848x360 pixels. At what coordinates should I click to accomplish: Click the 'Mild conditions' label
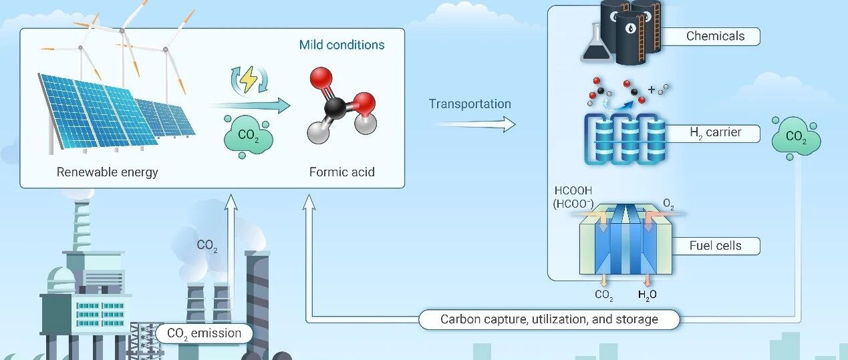coord(341,45)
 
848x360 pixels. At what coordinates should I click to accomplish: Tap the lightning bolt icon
coord(249,79)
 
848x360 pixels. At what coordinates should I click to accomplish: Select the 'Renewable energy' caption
coord(107,172)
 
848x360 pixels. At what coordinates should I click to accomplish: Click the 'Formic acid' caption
coord(342,172)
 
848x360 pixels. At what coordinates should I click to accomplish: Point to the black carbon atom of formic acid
coord(335,108)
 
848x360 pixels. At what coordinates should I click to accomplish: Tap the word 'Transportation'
coord(470,104)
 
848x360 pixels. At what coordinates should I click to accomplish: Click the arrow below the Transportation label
coord(474,124)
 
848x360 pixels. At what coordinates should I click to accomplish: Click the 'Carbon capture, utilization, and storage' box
coord(549,319)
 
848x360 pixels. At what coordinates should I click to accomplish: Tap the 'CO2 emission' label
coord(204,333)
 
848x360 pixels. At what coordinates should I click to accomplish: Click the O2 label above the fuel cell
coord(668,204)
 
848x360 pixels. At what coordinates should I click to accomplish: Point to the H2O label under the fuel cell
coord(648,295)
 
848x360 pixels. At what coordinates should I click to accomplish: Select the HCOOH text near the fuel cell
coord(573,190)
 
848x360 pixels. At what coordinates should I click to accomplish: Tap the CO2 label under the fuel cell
coord(604,295)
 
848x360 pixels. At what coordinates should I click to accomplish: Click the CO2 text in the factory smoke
coord(207,246)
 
